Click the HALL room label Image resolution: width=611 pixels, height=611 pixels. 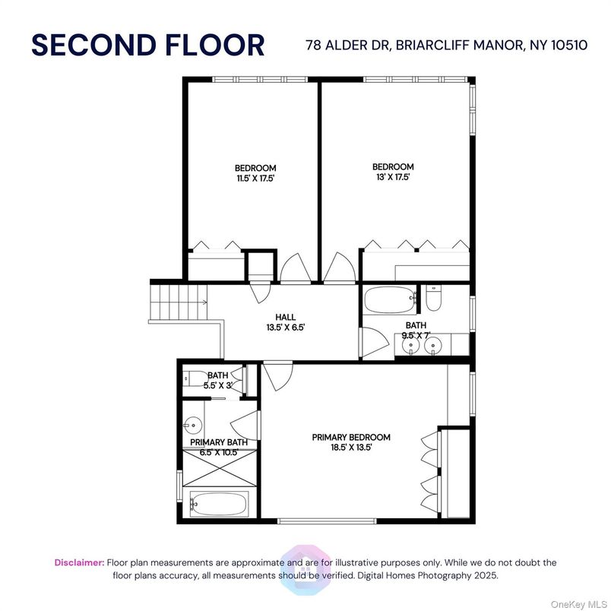286,317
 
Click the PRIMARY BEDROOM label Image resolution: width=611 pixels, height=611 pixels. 351,437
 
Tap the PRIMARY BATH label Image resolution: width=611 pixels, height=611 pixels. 219,442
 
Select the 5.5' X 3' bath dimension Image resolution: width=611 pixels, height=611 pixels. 218,385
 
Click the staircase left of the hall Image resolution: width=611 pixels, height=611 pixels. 179,302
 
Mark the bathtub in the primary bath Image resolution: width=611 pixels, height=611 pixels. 220,504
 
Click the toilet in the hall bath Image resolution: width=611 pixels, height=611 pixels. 432,299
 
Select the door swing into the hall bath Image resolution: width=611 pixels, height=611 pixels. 375,341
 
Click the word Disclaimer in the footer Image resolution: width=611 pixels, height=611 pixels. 79,562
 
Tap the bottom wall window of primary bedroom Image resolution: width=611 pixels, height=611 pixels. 327,521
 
